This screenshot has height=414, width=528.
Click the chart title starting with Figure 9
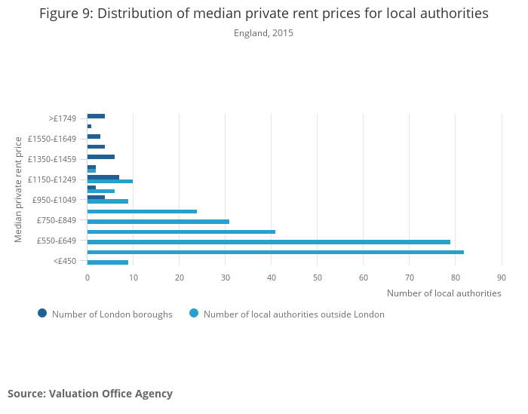coord(263,14)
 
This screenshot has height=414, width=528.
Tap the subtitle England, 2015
coord(263,33)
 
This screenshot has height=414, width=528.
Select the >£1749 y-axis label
coord(63,118)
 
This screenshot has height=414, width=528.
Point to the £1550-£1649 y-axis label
coord(52,139)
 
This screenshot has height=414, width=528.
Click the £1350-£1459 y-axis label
coord(52,159)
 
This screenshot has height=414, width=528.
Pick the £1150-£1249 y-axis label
coord(52,179)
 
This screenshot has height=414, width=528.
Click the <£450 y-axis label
coord(65,261)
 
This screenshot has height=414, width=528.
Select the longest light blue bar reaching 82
coord(275,252)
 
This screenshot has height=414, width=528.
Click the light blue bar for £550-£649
coord(269,242)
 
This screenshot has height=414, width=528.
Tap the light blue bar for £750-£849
coord(158,222)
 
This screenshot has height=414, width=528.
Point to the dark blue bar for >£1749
coord(96,116)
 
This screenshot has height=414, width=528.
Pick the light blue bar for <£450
coord(107,262)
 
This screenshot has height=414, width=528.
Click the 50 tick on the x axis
coord(318,278)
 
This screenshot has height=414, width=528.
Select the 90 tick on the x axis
coord(502,278)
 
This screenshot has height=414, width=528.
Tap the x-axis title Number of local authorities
coord(444,293)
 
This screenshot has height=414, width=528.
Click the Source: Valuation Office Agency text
coord(90,394)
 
